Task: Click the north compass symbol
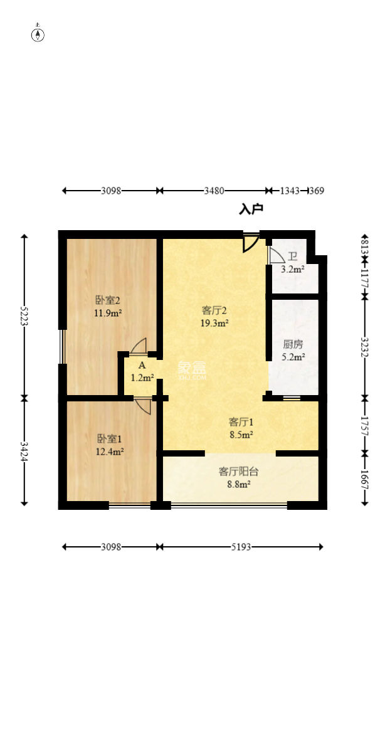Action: point(38,34)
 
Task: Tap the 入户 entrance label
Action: point(251,209)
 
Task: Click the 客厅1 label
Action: point(240,422)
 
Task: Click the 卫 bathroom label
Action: point(292,257)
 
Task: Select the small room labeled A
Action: point(142,366)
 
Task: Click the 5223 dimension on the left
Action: point(24,317)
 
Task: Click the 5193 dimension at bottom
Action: point(241,547)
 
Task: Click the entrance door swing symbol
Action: point(251,243)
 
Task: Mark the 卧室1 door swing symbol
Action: point(143,406)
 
